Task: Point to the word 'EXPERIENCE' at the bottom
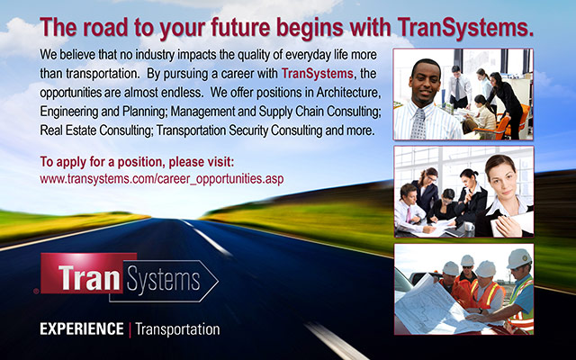[x=81, y=329]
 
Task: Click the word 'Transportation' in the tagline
[x=177, y=329]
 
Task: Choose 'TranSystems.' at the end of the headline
[x=469, y=26]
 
